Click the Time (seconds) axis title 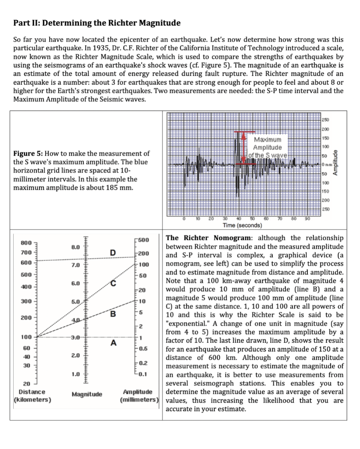pos(242,225)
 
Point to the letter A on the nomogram pos(113,343)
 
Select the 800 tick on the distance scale pos(26,242)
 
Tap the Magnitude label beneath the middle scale pos(87,394)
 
